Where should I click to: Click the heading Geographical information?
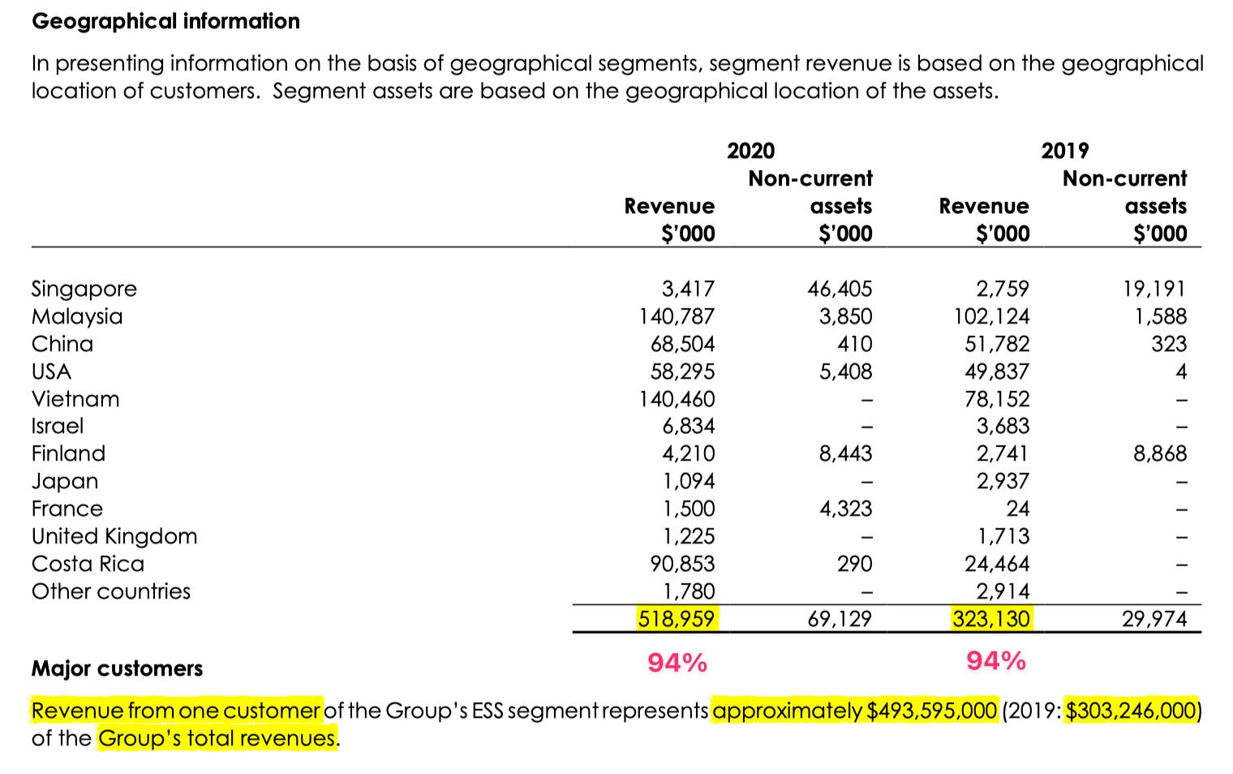165,21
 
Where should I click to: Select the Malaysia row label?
77,316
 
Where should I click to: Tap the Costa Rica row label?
88,564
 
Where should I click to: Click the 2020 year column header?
750,151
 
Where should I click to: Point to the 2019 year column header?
1064,151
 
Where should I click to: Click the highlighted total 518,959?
677,619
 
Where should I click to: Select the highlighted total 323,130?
990,619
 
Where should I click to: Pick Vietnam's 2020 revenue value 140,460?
677,399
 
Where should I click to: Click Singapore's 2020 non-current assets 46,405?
840,289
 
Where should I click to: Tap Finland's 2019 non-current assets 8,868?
1159,454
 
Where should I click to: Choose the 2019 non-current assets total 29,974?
1154,619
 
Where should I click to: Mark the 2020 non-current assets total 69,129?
840,619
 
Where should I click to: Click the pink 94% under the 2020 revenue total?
677,663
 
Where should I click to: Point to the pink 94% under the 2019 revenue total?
996,661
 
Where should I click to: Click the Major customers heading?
117,669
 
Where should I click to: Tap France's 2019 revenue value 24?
1017,509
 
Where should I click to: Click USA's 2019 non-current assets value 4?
1180,372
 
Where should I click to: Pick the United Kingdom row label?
114,536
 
